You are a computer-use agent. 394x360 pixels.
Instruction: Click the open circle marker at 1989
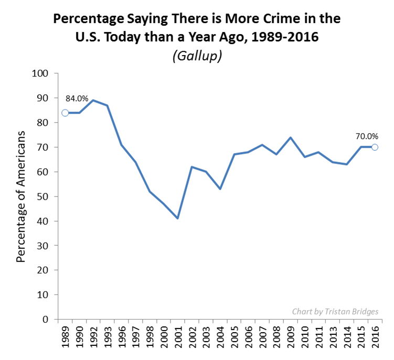pos(65,113)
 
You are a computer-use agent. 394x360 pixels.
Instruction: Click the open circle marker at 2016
pos(375,147)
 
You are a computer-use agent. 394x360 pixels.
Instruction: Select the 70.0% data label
pos(367,136)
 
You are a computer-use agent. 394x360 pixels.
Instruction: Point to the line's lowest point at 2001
pos(178,218)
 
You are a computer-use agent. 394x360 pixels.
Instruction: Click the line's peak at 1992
pos(93,100)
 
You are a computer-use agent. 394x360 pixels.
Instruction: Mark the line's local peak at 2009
pos(290,137)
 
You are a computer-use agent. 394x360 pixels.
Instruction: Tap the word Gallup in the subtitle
pos(197,56)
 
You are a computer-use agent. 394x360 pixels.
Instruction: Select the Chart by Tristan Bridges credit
pos(335,311)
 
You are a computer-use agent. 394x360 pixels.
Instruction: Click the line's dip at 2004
pos(220,189)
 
